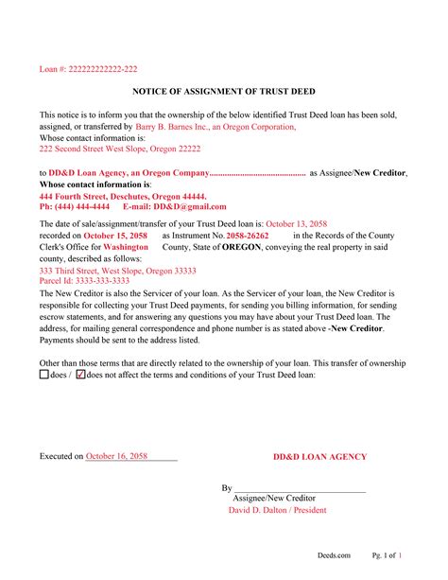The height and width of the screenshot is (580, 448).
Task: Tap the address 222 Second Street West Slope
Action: pyautogui.click(x=120, y=149)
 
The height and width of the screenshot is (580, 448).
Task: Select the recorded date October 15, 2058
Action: pyautogui.click(x=115, y=235)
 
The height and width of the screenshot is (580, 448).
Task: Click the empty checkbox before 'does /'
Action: pyautogui.click(x=44, y=375)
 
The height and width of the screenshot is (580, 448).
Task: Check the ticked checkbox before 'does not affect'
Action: pyautogui.click(x=79, y=375)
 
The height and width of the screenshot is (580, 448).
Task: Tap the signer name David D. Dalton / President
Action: pyautogui.click(x=277, y=510)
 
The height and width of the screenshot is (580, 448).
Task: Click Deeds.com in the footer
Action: pyautogui.click(x=334, y=555)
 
